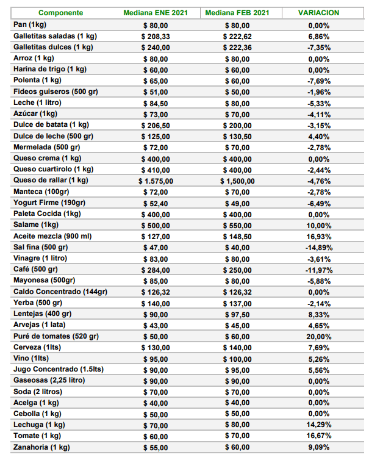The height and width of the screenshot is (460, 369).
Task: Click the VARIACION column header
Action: coord(318,13)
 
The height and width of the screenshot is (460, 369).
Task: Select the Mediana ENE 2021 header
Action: coord(156,13)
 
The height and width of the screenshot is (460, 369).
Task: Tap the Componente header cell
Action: coord(61,13)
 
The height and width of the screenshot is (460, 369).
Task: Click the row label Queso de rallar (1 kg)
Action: coord(51,181)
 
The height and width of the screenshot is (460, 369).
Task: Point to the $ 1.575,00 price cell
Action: coord(156,181)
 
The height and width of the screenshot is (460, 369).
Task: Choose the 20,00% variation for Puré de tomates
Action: coord(319,337)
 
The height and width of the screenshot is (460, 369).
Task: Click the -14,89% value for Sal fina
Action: coord(319,248)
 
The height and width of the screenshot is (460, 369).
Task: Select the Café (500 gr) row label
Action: coord(35,269)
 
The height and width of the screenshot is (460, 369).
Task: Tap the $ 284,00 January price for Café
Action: coord(156,270)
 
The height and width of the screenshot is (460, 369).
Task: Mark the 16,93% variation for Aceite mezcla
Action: coord(319,237)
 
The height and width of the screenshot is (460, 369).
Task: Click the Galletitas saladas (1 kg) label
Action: coord(55,37)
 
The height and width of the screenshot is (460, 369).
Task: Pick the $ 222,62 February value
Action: coord(237,37)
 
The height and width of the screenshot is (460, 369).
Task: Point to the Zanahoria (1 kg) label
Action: coord(41,447)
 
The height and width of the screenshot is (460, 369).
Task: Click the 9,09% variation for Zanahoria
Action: coord(319,447)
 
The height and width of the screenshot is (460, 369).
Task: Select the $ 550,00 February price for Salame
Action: coord(237,226)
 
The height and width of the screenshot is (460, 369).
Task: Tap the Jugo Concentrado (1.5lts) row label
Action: coord(59,369)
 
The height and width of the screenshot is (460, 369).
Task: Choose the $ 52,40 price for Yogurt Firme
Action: coord(156,204)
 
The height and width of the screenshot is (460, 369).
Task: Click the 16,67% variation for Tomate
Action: coord(319,436)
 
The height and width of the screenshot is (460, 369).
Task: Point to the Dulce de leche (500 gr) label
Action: coord(54,137)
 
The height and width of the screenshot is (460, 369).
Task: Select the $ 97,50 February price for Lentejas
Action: coord(237,315)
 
